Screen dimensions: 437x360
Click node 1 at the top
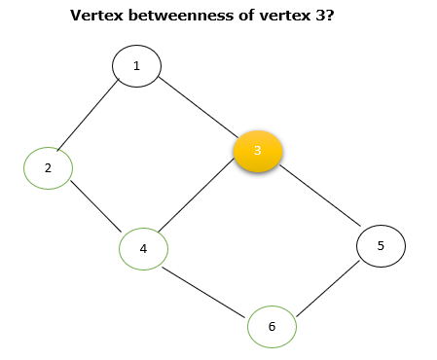(136, 66)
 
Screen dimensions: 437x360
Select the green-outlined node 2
(48, 168)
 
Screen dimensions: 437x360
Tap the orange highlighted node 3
(258, 151)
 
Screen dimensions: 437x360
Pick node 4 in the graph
(143, 248)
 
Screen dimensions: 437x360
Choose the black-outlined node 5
(381, 246)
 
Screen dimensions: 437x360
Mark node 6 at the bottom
(272, 327)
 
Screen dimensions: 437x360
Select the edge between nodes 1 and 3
(198, 107)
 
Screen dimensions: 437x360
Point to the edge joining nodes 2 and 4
(95, 208)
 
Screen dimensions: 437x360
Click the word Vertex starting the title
(95, 17)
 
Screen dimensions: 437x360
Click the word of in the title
(239, 17)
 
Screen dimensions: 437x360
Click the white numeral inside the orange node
(258, 151)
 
